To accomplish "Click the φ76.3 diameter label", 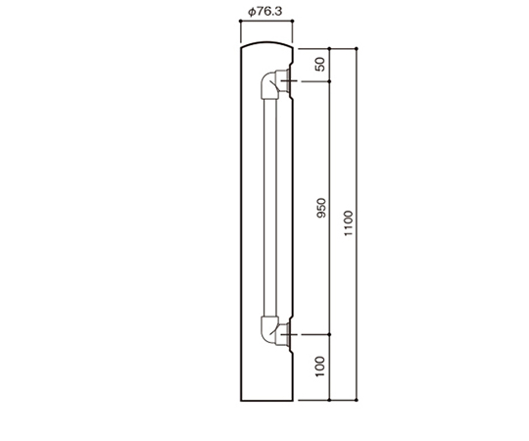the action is coord(264,12).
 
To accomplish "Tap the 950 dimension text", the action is coord(321,208).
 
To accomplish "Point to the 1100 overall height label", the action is coord(348,223).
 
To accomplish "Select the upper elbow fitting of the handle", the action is coord(269,85).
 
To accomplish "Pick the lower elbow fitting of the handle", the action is coord(269,330).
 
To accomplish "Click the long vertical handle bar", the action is coord(270,208).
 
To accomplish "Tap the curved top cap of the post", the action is coord(266,43).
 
